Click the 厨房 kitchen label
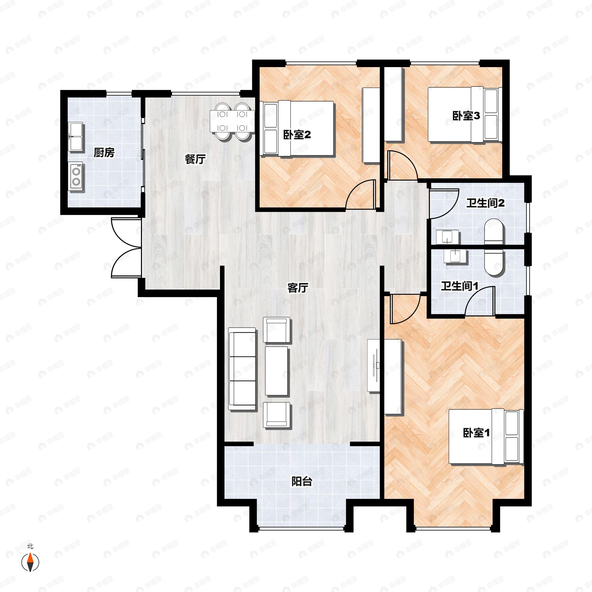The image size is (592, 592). click(x=104, y=152)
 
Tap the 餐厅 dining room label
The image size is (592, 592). click(x=195, y=159)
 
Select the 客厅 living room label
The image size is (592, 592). click(x=297, y=288)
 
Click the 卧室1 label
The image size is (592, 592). click(x=476, y=433)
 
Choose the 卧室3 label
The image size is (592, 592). click(x=466, y=116)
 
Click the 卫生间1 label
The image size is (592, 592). click(x=460, y=286)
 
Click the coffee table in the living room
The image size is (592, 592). click(x=276, y=371)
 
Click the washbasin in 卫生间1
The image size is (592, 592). click(x=455, y=256)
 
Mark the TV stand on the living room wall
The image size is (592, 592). click(x=374, y=365)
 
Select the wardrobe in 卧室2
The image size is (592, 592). click(x=371, y=125)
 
